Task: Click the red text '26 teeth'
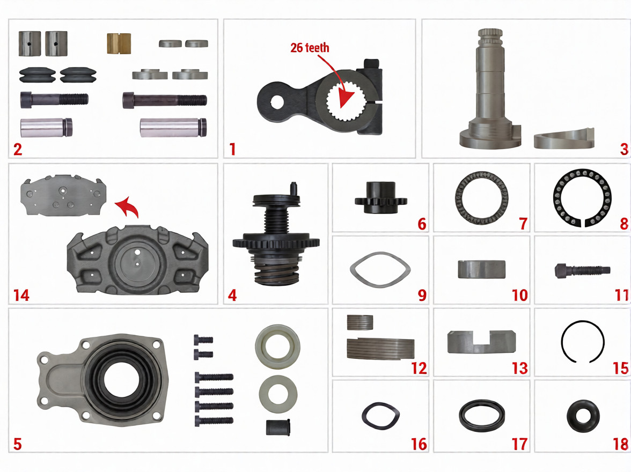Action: [310, 48]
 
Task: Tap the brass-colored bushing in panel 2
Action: [119, 43]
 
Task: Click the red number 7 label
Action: [523, 223]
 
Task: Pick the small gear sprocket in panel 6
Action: [381, 197]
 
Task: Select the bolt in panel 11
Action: [582, 270]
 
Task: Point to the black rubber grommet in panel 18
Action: [575, 416]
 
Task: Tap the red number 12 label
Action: [419, 368]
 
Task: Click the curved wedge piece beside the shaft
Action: [564, 139]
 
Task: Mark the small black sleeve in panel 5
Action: [278, 427]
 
